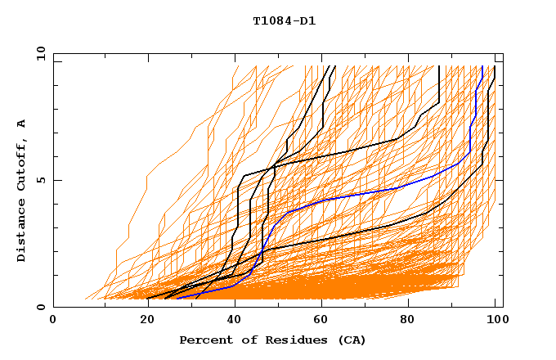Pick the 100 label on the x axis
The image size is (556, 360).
pyautogui.click(x=495, y=320)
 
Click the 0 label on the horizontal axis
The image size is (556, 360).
pyautogui.click(x=53, y=320)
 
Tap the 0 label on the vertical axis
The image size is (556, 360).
pyautogui.click(x=40, y=307)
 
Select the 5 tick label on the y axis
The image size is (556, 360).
pyautogui.click(x=40, y=180)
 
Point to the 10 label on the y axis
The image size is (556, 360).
pyautogui.click(x=40, y=54)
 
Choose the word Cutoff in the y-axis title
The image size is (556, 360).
pyautogui.click(x=21, y=164)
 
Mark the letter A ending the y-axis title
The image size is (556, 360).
pyautogui.click(x=21, y=123)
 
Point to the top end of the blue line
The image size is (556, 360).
pyautogui.click(x=482, y=66)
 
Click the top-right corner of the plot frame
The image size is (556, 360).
pyautogui.click(x=503, y=54)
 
